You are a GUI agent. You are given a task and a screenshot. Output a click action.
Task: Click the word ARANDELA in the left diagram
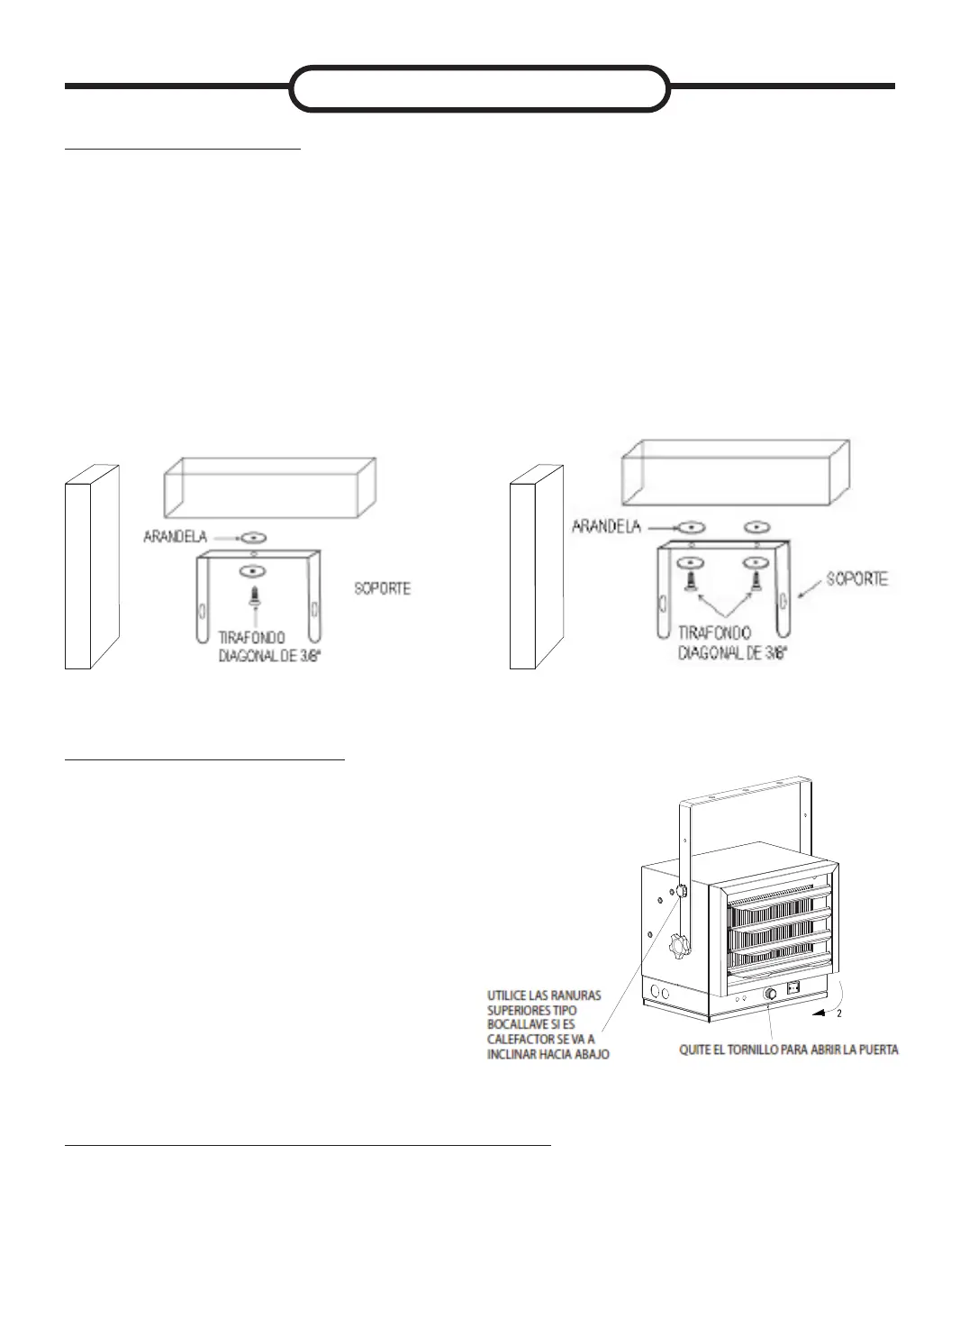175,537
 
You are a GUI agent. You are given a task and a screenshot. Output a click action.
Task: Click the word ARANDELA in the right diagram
606,526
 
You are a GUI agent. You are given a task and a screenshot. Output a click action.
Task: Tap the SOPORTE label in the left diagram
383,588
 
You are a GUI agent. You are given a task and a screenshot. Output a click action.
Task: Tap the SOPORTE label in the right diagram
856,578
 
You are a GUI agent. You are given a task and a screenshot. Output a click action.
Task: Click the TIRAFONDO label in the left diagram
252,638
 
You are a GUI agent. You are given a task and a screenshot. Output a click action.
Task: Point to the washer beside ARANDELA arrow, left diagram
254,537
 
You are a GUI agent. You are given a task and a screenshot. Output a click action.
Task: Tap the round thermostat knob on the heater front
770,994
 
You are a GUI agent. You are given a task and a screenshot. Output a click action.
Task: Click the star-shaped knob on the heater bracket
676,947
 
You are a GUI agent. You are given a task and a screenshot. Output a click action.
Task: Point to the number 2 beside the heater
838,1013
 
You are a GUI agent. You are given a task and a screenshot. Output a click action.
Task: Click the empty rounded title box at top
479,88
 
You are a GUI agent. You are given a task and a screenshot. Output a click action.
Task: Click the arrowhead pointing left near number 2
817,1013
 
